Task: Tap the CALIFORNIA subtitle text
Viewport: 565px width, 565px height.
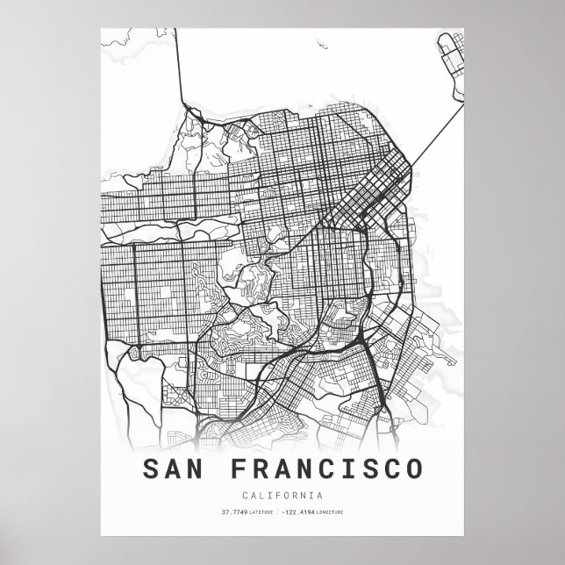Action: [282, 495]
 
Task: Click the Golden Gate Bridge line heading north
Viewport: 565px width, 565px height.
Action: [181, 70]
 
